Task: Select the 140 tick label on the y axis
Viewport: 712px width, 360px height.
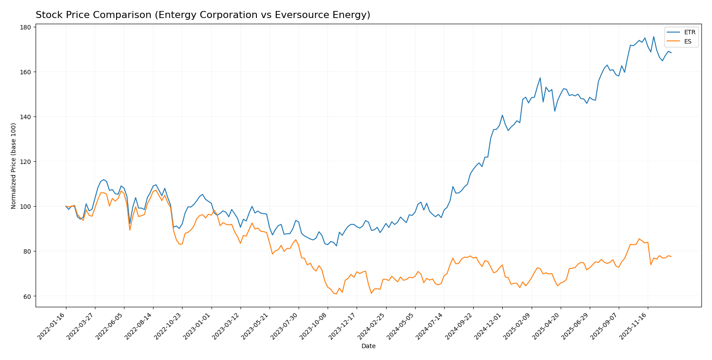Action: pos(26,117)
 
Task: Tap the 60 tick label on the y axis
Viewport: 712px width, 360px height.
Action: pos(27,296)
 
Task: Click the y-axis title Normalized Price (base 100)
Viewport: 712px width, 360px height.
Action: pos(14,166)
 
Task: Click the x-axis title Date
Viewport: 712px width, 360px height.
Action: pos(368,346)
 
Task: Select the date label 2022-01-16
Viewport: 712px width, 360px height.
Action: pos(52,327)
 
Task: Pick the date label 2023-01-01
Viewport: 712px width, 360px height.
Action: pos(197,327)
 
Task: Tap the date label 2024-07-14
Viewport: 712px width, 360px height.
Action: pos(430,327)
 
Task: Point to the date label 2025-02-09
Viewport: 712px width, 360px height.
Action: pos(517,327)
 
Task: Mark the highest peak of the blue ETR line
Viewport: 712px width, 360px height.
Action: pos(654,36)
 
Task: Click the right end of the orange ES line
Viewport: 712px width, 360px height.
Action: pos(671,256)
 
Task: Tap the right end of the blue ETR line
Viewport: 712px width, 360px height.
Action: pos(671,53)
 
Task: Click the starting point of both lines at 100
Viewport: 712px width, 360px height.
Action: pos(66,206)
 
